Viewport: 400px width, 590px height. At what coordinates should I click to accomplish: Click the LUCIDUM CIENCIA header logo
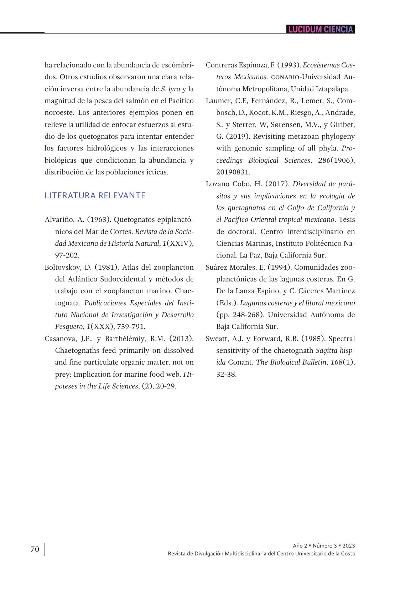(x=321, y=29)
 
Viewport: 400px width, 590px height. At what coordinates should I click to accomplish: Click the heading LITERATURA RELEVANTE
(x=95, y=195)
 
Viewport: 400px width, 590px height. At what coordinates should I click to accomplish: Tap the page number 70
(x=35, y=549)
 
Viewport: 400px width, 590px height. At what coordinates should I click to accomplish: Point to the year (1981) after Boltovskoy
(x=107, y=267)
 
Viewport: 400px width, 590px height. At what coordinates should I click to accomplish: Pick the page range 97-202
(x=67, y=255)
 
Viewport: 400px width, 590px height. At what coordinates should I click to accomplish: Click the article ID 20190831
(x=233, y=172)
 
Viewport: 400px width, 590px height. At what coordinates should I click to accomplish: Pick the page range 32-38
(x=227, y=374)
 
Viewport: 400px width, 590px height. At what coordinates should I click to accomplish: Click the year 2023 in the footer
(x=349, y=546)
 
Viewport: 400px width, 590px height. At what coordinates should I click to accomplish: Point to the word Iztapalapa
(x=333, y=89)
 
